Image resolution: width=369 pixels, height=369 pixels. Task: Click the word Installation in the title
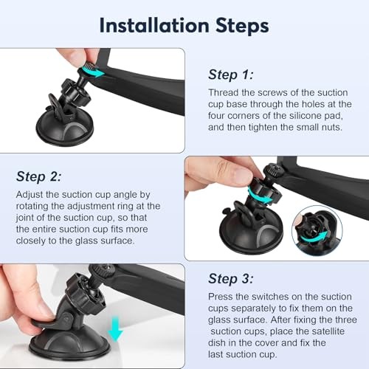[154, 26]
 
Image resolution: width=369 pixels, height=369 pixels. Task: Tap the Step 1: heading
[231, 75]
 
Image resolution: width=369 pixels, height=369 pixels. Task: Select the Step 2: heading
[38, 176]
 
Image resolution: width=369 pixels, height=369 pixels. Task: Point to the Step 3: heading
[231, 279]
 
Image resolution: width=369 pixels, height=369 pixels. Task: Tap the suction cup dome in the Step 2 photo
[251, 234]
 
